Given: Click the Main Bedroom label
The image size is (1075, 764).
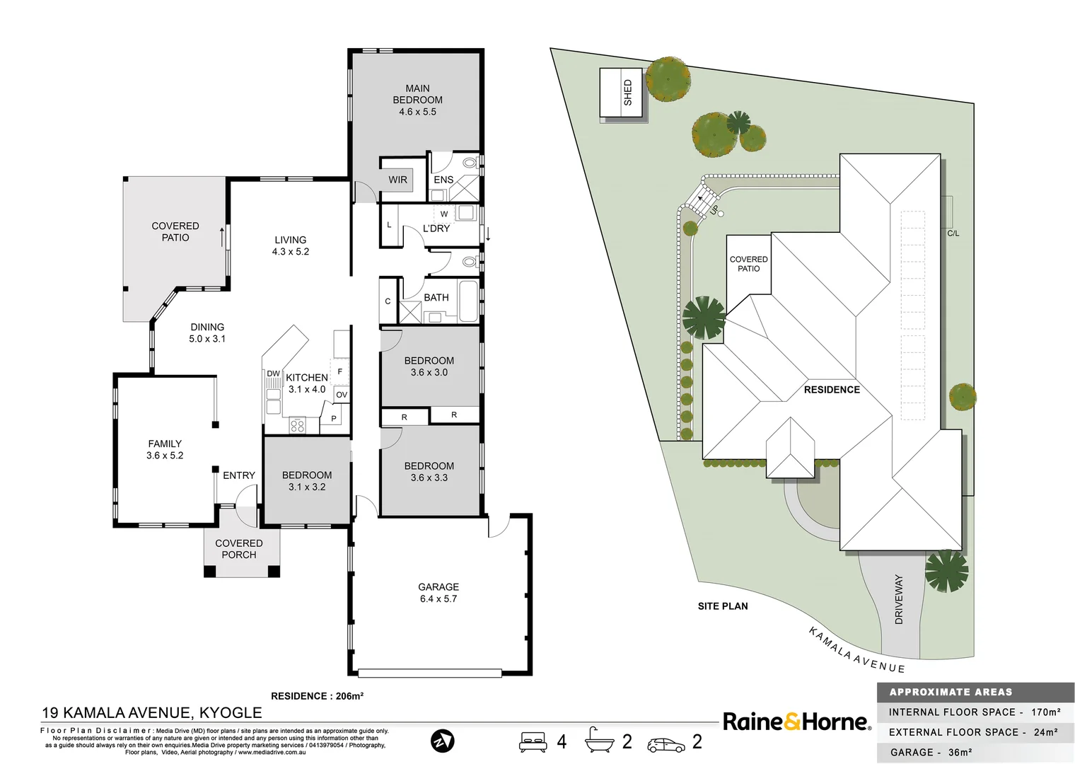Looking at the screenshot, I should click(417, 100).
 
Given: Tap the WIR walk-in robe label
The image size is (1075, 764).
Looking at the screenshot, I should click(397, 180).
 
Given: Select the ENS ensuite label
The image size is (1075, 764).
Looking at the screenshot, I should click(443, 180).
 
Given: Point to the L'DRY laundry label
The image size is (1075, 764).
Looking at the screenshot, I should click(436, 228).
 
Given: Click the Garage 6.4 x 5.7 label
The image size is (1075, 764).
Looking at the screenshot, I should click(438, 593).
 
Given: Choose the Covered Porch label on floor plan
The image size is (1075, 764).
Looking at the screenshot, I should click(239, 549).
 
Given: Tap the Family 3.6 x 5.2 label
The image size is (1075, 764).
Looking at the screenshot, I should click(165, 449).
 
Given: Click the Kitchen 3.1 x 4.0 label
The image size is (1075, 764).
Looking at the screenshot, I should click(307, 383).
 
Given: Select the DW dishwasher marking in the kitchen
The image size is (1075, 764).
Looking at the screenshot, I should click(273, 374).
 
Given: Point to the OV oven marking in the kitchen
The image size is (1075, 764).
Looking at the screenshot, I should click(342, 395).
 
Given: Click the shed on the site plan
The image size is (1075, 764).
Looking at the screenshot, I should click(622, 93).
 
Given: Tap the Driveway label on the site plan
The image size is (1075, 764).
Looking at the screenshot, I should click(899, 598).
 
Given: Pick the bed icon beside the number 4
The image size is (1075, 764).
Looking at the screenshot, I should click(533, 741).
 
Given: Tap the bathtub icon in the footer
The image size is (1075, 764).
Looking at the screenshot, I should click(600, 741).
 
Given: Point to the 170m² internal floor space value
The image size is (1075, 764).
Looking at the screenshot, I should click(1045, 712).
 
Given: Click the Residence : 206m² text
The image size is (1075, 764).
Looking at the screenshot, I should click(317, 696).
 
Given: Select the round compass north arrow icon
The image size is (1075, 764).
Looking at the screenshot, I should click(443, 741).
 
